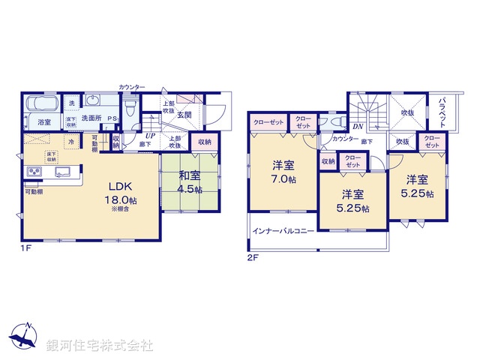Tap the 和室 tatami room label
tap(187, 178)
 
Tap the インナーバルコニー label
tap(283, 231)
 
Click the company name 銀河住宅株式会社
tap(100, 346)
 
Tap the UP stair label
tap(151, 135)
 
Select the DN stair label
tap(358, 127)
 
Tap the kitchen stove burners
tap(35, 173)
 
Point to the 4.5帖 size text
tap(187, 190)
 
